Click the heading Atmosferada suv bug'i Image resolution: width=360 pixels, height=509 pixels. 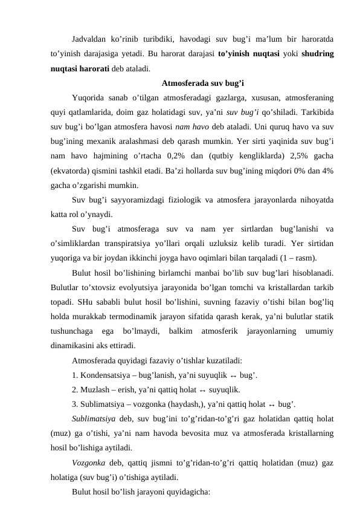(x=203, y=83)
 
